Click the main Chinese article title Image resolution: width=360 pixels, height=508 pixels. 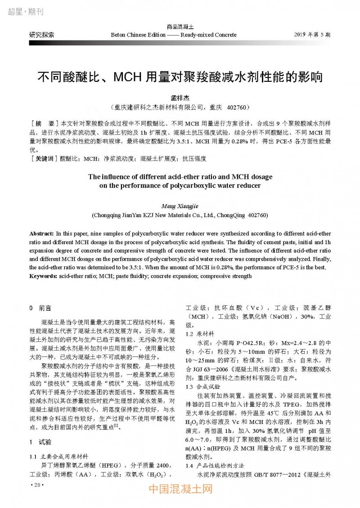[180, 77]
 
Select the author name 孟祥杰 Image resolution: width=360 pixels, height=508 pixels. [180, 98]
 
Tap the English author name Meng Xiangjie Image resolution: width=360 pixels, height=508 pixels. [180, 205]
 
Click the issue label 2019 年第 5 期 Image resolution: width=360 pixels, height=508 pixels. [312, 35]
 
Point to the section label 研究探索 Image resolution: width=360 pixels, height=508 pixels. [42, 35]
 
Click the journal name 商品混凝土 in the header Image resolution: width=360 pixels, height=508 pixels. [180, 28]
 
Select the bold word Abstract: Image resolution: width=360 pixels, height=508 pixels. [41, 234]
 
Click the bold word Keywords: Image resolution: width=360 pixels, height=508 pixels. [44, 276]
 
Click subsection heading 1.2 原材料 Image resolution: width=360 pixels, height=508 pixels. [200, 334]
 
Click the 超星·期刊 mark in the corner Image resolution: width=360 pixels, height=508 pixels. [26, 12]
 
